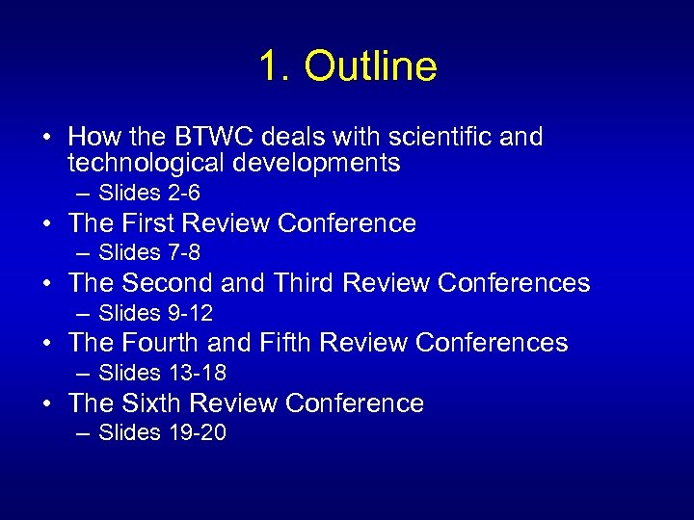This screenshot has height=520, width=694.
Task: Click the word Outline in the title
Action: tap(371, 66)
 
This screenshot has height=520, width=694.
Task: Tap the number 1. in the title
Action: tap(275, 66)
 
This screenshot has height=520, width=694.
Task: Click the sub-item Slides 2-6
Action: tap(149, 193)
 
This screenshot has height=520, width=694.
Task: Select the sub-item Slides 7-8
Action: tap(149, 252)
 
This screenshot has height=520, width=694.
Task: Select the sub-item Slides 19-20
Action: tap(162, 432)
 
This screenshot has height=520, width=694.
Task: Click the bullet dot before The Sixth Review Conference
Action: tap(46, 403)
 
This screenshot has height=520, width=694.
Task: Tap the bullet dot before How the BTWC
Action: tap(46, 138)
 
